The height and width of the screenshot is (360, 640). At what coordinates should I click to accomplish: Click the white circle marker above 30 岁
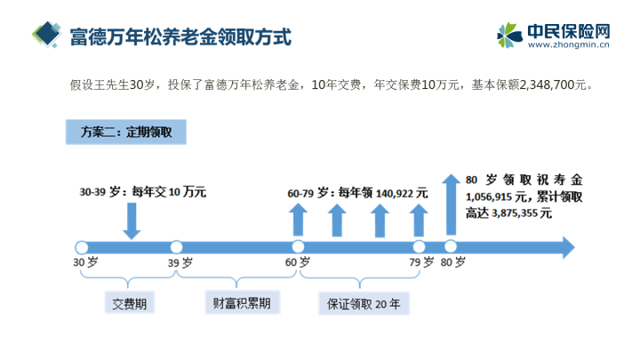coord(82,247)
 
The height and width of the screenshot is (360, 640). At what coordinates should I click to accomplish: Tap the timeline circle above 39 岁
coord(176,247)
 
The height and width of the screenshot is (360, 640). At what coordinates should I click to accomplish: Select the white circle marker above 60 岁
coord(298,246)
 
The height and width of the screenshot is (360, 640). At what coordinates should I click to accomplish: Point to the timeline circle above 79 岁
coord(419,246)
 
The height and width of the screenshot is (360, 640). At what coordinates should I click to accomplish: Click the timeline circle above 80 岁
coord(450,246)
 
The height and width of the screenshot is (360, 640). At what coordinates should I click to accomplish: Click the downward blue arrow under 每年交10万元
coord(132,220)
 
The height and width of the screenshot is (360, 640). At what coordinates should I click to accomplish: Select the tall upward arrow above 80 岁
coord(451,204)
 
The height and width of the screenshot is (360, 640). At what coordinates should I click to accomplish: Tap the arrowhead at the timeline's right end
coord(569,247)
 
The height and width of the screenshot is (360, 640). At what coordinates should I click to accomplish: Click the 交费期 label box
coord(130,302)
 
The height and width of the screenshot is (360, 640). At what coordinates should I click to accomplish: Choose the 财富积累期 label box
coord(242,302)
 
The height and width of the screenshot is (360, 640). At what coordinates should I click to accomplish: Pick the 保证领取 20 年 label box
coord(364,303)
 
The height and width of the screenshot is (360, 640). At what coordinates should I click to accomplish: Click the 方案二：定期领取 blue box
coord(126,132)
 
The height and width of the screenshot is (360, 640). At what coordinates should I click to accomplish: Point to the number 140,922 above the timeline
coord(395,193)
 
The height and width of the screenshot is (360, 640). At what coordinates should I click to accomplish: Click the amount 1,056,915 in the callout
coord(489,196)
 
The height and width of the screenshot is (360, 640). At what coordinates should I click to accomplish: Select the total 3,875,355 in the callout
coord(515,213)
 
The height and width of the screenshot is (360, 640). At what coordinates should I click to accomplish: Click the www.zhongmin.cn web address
coord(569,44)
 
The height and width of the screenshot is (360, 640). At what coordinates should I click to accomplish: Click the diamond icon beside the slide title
coord(47,35)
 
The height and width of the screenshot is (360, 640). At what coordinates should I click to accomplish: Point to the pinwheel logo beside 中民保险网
coord(509,35)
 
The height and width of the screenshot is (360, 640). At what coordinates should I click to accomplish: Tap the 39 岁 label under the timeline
coord(180,262)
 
